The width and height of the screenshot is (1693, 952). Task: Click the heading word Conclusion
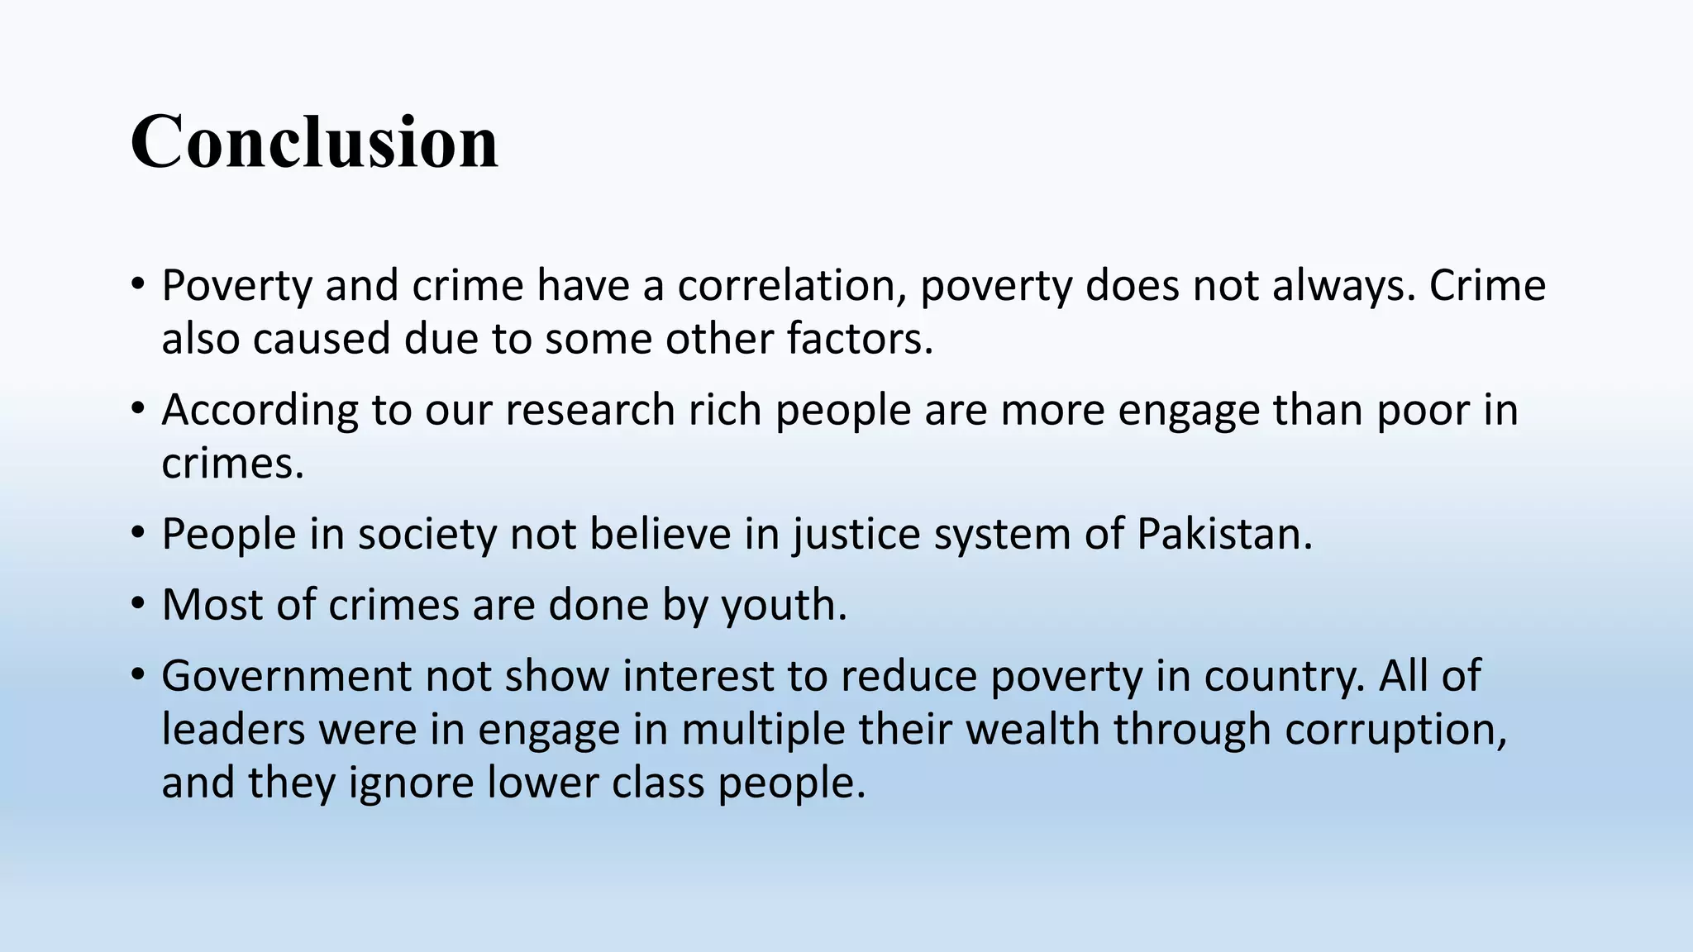314,141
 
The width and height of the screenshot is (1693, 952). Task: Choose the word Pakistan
1224,535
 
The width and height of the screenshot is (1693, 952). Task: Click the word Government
286,676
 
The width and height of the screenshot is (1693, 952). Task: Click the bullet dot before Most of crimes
137,603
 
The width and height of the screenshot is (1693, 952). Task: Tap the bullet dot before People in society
137,533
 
